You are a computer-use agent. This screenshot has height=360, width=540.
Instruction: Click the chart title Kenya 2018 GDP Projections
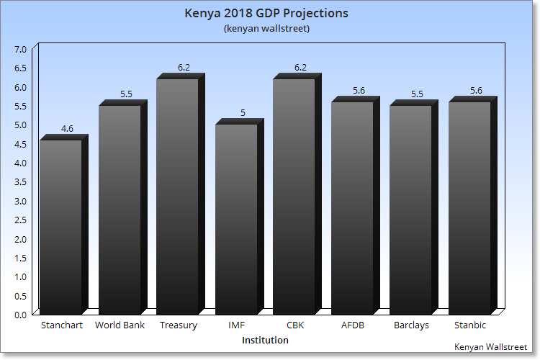tap(266, 14)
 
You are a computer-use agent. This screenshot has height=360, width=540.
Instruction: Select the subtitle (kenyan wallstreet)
tap(266, 29)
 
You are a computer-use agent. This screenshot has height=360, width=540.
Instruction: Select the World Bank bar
tap(120, 209)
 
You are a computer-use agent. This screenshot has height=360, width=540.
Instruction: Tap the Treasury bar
tap(178, 194)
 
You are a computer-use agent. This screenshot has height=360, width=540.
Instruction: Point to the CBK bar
tap(294, 194)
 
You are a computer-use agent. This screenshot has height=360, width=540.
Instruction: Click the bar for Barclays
tap(410, 209)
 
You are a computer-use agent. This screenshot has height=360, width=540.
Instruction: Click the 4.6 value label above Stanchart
tap(67, 129)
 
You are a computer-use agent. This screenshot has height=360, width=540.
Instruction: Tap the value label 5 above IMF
tap(243, 113)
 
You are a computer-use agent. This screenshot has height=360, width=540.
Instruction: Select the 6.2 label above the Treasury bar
tap(184, 68)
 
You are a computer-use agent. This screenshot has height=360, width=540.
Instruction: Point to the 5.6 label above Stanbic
tap(475, 91)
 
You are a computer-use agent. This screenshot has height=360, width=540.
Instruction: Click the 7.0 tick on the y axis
tap(20, 49)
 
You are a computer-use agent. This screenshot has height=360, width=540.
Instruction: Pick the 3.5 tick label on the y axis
tap(20, 181)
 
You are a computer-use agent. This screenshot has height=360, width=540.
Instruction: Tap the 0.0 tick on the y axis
tap(20, 314)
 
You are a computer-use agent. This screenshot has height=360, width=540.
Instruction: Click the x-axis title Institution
tap(265, 340)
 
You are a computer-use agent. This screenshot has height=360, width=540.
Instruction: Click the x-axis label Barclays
tap(411, 325)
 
